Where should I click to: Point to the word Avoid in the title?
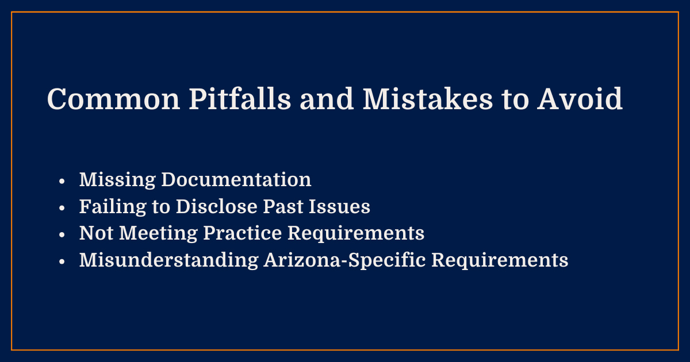click(581, 100)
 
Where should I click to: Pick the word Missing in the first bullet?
click(117, 180)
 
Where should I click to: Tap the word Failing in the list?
click(113, 207)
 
